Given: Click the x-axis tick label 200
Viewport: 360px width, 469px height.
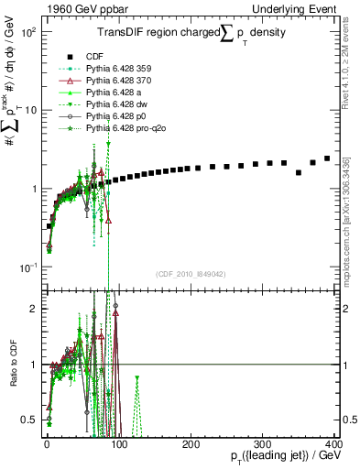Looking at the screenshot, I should pos(191,443).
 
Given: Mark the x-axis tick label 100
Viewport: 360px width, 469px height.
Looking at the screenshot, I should pos(119,443).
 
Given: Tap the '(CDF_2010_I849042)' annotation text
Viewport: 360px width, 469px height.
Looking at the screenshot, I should pos(191,274).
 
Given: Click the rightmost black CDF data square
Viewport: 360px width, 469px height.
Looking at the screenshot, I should pos(326,158).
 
